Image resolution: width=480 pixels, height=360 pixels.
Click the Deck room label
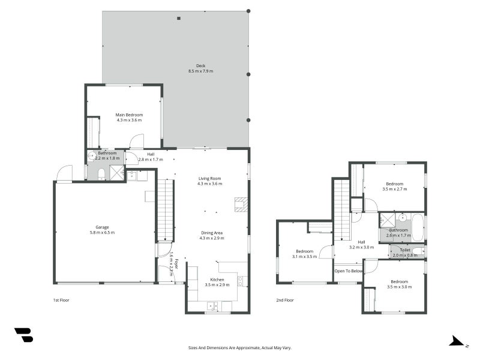click(x=201, y=65)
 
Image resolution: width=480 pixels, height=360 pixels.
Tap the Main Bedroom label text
click(x=129, y=115)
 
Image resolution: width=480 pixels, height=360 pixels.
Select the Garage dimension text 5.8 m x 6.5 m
click(x=102, y=232)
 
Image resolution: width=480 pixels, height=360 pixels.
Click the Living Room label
click(x=209, y=178)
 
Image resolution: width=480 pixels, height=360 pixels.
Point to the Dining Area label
click(x=212, y=233)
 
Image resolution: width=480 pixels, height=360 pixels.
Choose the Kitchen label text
click(x=217, y=280)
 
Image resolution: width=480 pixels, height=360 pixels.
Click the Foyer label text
click(x=176, y=264)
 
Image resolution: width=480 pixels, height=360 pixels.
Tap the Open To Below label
click(x=349, y=271)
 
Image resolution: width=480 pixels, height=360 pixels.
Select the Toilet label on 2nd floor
click(x=404, y=250)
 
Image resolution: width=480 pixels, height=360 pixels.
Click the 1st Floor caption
click(x=61, y=301)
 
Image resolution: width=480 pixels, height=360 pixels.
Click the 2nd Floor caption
click(x=285, y=301)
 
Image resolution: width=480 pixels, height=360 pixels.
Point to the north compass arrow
click(x=457, y=341)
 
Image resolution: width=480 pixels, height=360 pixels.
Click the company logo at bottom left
click(x=24, y=335)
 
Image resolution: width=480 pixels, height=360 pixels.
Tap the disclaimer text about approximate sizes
click(x=239, y=348)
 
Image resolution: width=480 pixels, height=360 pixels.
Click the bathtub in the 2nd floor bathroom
click(x=418, y=228)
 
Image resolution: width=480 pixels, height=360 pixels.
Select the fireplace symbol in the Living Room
click(x=241, y=205)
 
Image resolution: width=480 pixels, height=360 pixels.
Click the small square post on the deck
click(x=179, y=19)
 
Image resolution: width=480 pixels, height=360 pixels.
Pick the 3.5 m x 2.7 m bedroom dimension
click(x=395, y=189)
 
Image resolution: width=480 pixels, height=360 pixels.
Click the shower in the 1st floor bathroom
click(x=117, y=173)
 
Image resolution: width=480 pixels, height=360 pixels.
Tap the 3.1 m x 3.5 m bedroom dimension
click(x=305, y=257)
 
